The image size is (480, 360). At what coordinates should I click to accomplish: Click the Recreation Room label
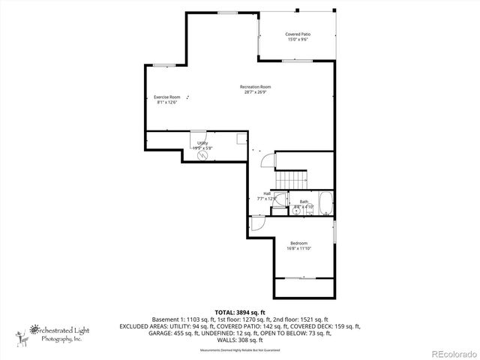pyautogui.click(x=255, y=87)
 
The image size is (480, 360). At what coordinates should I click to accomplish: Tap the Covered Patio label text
pyautogui.click(x=298, y=34)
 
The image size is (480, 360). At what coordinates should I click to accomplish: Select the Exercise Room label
pyautogui.click(x=167, y=97)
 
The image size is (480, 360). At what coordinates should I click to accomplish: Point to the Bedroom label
pyautogui.click(x=298, y=243)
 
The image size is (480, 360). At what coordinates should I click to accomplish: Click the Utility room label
pyautogui.click(x=202, y=142)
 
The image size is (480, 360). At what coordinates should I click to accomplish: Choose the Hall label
pyautogui.click(x=267, y=193)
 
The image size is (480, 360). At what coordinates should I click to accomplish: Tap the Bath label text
pyautogui.click(x=304, y=201)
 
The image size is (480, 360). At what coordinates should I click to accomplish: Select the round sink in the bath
pyautogui.click(x=297, y=211)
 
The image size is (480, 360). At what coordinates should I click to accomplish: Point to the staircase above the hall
pyautogui.click(x=292, y=180)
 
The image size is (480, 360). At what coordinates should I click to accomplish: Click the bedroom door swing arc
pyautogui.click(x=255, y=223)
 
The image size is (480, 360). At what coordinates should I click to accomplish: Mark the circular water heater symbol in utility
pyautogui.click(x=203, y=157)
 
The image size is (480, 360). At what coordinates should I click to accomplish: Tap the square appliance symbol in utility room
pyautogui.click(x=241, y=138)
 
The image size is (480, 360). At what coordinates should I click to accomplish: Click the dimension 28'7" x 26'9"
pyautogui.click(x=255, y=92)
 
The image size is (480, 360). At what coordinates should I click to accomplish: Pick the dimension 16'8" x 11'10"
pyautogui.click(x=298, y=248)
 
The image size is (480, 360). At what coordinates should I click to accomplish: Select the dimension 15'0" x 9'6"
pyautogui.click(x=298, y=39)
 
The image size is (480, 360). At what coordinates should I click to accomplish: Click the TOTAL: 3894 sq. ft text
pyautogui.click(x=240, y=312)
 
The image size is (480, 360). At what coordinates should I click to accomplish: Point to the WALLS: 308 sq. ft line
pyautogui.click(x=240, y=340)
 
